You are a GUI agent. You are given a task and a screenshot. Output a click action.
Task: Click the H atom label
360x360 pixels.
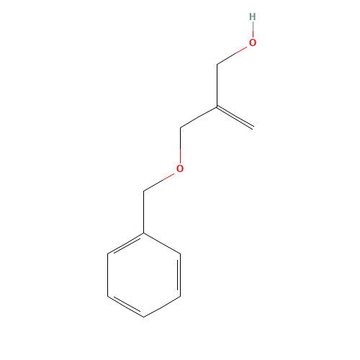point(253,17)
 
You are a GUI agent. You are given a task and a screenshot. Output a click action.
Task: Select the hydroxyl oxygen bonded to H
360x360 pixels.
point(253,42)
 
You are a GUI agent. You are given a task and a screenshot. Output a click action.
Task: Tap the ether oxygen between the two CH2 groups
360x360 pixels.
point(180,168)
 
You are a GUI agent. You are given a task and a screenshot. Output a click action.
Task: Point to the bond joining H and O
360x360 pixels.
point(253,30)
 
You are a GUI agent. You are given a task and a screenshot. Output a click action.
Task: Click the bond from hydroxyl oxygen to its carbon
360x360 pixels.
point(232,55)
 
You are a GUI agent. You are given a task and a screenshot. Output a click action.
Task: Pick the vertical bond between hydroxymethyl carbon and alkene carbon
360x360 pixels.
point(217,86)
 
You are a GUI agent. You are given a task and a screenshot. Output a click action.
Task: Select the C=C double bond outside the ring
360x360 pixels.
point(235,117)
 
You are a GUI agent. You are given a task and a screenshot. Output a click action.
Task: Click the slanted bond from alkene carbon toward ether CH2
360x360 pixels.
point(199,117)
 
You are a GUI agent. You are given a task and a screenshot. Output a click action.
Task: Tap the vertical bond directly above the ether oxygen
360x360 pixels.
point(180,145)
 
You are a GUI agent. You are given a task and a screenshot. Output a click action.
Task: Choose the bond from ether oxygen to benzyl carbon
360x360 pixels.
point(158,182)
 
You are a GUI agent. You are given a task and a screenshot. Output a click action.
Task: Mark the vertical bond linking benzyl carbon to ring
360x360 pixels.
point(143,212)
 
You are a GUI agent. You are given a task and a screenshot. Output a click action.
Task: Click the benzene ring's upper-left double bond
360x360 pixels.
point(125,243)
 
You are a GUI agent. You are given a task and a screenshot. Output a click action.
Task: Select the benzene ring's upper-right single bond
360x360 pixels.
point(162,243)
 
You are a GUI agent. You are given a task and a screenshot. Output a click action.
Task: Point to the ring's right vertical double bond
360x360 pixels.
point(179,275)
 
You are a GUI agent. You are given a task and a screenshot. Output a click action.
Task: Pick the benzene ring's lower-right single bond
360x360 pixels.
point(162,307)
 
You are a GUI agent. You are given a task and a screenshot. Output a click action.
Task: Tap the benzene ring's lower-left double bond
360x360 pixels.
point(125,306)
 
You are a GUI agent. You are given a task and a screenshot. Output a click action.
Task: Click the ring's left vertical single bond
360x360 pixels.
point(108,275)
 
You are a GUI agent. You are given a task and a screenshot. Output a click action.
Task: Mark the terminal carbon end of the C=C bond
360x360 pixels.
point(253,127)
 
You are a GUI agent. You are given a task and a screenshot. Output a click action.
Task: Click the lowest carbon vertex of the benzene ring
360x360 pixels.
point(143,317)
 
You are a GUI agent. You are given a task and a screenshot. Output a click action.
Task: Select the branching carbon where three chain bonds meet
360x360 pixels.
point(217,107)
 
